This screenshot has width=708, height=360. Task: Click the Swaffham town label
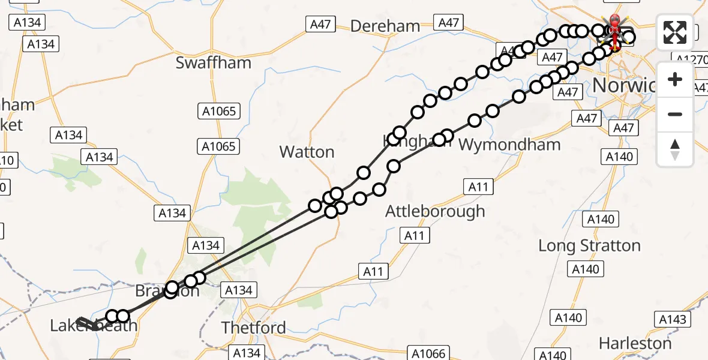click(213, 63)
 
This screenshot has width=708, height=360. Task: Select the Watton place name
click(307, 152)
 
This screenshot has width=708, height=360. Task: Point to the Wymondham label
click(509, 145)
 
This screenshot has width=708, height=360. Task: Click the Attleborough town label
click(434, 211)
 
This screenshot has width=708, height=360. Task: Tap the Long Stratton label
click(589, 245)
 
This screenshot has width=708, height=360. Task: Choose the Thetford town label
click(253, 328)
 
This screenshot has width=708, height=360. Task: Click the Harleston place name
click(635, 344)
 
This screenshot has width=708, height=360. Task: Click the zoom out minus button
click(675, 114)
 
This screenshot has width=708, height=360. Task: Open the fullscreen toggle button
click(675, 32)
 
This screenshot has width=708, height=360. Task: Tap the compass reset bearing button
click(675, 149)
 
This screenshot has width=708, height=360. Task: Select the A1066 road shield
click(426, 353)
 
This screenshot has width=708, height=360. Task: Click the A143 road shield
click(672, 319)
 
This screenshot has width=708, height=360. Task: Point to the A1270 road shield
click(690, 59)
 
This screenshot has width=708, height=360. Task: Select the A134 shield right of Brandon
click(238, 290)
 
